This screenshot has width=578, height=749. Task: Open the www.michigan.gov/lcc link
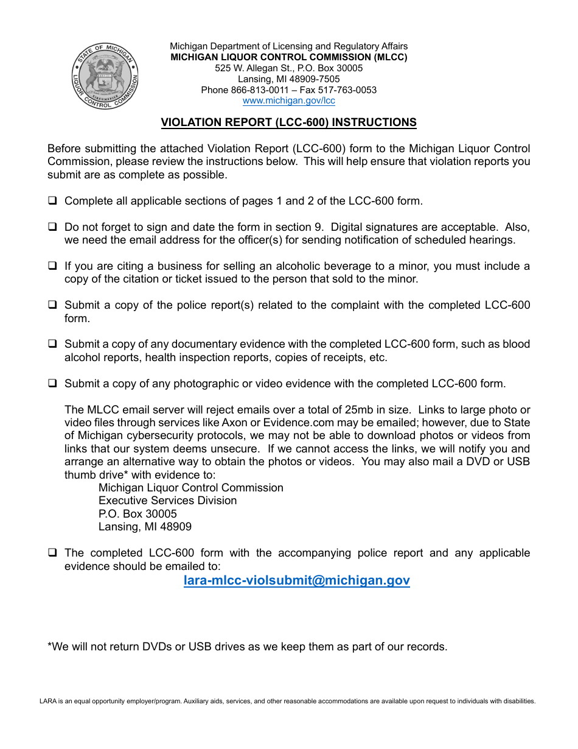tap(288, 101)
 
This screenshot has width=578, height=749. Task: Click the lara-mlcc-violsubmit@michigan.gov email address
tap(296, 580)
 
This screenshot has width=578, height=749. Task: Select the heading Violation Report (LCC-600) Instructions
tap(288, 122)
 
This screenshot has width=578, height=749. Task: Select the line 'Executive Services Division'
tap(167, 501)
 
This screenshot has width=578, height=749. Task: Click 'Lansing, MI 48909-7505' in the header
tap(288, 79)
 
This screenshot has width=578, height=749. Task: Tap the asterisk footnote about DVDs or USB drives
tap(247, 647)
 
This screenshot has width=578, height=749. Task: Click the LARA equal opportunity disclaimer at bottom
tap(287, 702)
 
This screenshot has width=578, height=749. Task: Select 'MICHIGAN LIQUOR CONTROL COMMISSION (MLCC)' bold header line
tap(288, 57)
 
